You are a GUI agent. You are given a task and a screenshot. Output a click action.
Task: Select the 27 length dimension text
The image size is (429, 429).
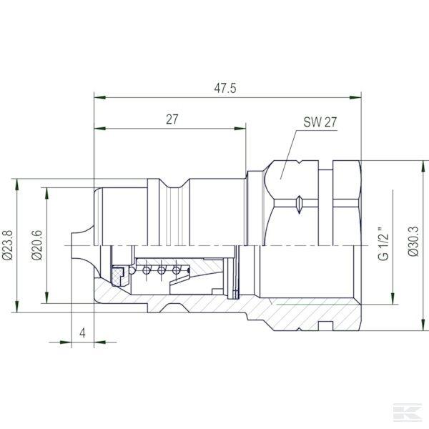[172, 119]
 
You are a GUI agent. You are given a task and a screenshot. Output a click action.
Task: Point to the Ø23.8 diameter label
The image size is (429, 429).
[9, 243]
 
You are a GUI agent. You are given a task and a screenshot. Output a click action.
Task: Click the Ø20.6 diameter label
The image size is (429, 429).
[37, 243]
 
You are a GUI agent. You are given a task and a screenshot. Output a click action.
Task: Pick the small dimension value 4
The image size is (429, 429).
[83, 333]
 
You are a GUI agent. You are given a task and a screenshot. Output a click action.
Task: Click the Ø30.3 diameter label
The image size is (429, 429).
[412, 243]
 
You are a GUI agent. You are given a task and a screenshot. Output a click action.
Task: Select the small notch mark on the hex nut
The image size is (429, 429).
[298, 203]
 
